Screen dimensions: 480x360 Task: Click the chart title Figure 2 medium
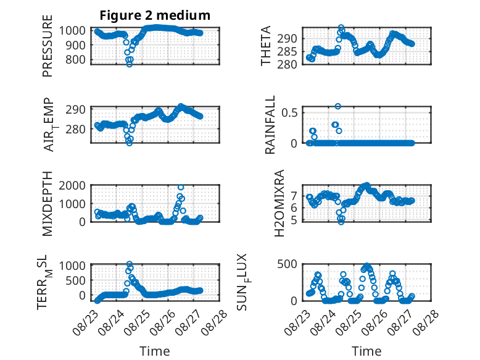click(155, 15)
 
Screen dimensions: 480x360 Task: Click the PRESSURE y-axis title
click(48, 46)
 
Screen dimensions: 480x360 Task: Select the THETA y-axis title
click(266, 46)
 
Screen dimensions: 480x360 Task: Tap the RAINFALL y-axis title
click(270, 125)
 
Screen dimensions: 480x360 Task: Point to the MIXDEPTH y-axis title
click(48, 204)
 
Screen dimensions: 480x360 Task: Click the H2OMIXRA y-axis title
click(279, 203)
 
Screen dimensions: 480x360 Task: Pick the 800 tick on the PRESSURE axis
click(75, 59)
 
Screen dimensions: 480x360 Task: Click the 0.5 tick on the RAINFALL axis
click(289, 112)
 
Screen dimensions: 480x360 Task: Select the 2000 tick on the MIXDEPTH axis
click(72, 185)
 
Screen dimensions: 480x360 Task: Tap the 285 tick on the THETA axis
click(287, 51)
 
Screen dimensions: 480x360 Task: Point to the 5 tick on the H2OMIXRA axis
click(294, 220)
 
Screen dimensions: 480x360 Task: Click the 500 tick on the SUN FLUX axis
click(287, 264)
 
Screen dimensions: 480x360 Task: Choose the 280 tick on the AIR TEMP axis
click(75, 129)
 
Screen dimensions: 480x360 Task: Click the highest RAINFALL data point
click(338, 106)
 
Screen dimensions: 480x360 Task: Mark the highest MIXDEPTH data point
click(181, 187)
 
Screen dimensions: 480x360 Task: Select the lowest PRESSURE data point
click(130, 64)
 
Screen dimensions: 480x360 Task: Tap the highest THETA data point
click(341, 28)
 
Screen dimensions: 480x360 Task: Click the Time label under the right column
click(366, 351)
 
